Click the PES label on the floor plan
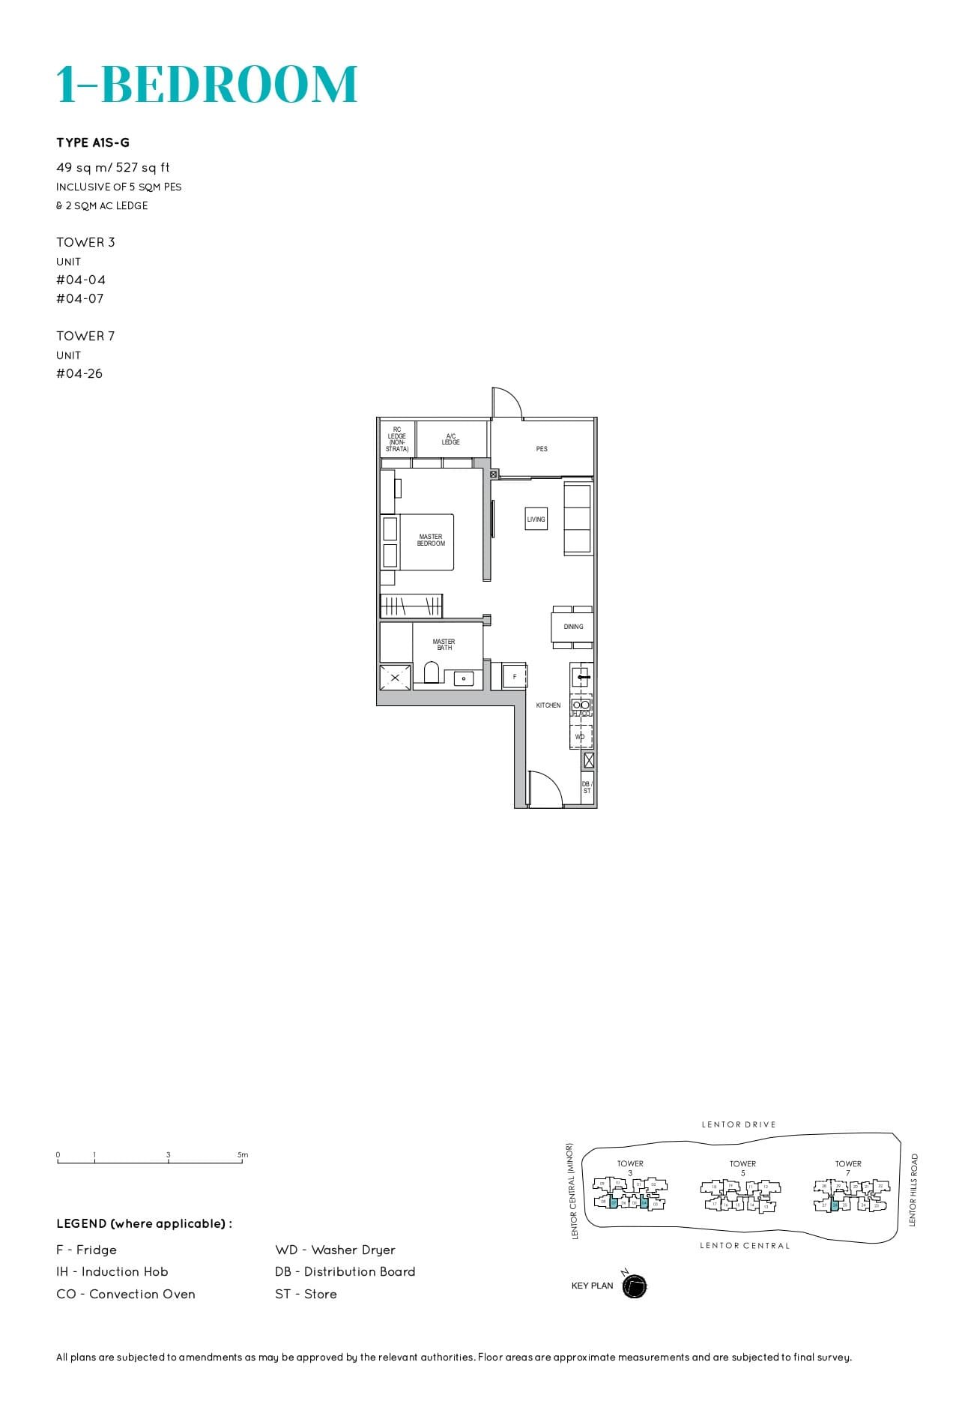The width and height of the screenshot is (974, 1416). click(x=542, y=449)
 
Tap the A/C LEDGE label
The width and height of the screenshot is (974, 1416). click(x=450, y=439)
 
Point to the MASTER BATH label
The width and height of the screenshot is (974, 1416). click(x=444, y=644)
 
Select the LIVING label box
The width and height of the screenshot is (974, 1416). click(x=536, y=519)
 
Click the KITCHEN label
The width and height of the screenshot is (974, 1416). click(x=548, y=705)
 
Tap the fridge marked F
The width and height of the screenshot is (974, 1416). click(x=514, y=676)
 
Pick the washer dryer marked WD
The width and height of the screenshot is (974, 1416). click(x=580, y=737)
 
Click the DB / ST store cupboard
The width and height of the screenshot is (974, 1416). click(x=587, y=787)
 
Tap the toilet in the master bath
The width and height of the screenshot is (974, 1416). click(x=431, y=672)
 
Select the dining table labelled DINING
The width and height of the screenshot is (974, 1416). click(x=573, y=626)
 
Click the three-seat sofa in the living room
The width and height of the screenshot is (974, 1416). click(x=578, y=519)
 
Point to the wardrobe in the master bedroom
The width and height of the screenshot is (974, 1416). click(x=411, y=606)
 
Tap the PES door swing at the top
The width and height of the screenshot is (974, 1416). click(x=506, y=403)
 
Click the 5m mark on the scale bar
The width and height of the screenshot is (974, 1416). click(x=243, y=1155)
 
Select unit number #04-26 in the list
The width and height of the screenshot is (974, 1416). click(x=79, y=373)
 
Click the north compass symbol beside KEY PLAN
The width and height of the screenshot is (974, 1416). click(x=634, y=1286)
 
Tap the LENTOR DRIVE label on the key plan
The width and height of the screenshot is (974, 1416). click(x=739, y=1124)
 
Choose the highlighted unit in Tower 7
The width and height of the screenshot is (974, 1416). click(x=835, y=1205)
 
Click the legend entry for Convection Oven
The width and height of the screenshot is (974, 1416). click(x=126, y=1294)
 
